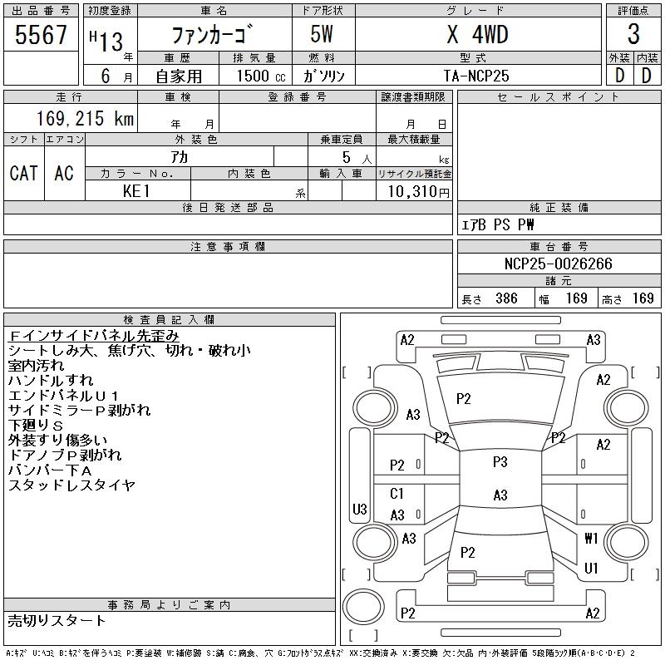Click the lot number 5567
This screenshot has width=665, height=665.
41,35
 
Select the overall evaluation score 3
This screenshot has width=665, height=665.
633,35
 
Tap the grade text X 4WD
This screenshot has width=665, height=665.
478,35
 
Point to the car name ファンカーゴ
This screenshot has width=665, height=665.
214,36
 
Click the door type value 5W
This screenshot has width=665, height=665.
323,35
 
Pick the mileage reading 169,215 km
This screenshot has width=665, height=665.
85,119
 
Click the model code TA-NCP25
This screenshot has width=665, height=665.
477,76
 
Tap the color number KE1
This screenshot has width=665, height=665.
136,190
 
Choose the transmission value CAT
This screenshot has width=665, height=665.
23,173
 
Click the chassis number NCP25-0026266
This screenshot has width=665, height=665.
558,264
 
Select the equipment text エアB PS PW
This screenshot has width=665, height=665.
498,224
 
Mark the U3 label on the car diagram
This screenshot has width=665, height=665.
359,509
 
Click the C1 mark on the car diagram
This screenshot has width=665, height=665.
397,494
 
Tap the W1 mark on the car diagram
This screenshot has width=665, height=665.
592,538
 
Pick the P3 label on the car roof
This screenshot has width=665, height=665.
500,462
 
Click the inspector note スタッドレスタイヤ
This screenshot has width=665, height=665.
71,485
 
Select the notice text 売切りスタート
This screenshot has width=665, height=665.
57,620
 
